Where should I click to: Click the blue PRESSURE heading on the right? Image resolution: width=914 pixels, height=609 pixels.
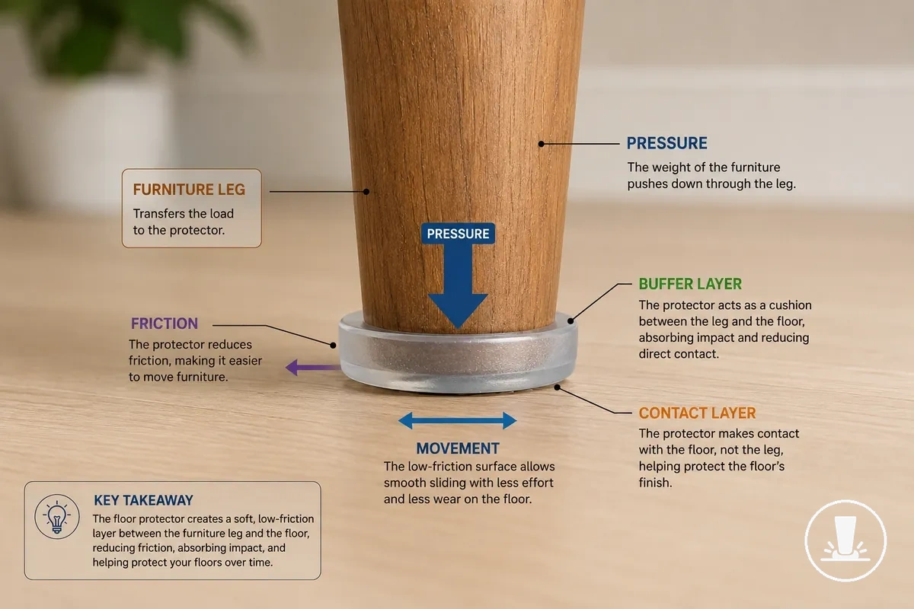coord(666,143)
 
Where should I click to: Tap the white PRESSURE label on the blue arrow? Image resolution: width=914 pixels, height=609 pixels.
coord(458,234)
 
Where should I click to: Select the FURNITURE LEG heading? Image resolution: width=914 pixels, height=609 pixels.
coord(189,190)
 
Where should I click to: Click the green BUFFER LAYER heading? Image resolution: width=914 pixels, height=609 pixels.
coord(690,284)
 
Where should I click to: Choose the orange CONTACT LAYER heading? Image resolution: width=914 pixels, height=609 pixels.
coord(697,413)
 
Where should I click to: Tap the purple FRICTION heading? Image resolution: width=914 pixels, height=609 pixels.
coord(165,324)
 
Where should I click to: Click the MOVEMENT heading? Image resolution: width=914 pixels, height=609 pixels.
coord(458,448)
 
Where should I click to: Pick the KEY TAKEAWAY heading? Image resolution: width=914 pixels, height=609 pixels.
coord(143,500)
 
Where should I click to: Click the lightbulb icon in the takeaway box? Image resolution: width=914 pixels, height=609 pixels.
coord(56,517)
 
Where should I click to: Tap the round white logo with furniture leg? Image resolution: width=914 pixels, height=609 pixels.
coord(845,541)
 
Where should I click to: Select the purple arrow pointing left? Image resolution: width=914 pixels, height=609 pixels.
coord(312,368)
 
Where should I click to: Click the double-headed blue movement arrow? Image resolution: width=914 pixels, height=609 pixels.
coord(458,420)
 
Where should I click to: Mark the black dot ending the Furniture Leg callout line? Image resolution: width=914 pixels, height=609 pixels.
coord(366,192)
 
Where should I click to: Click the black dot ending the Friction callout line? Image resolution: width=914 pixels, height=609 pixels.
coord(333,346)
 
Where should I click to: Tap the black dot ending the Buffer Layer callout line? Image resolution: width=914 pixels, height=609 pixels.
coord(570,321)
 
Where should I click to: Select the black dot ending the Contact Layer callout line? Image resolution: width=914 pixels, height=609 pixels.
coord(558,387)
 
